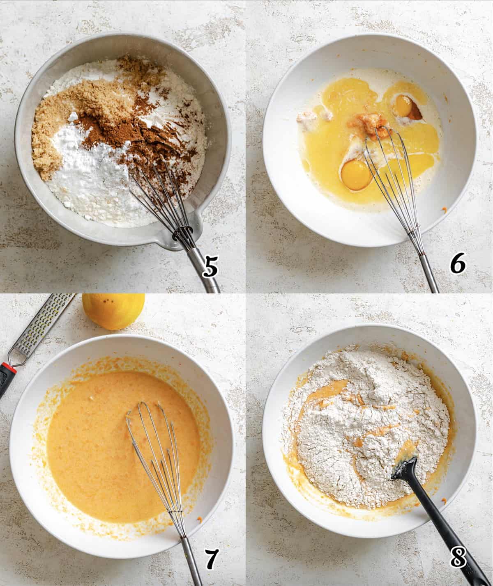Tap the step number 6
(x=457, y=265)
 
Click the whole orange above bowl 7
(x=113, y=311)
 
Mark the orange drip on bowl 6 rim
(x=444, y=211)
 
